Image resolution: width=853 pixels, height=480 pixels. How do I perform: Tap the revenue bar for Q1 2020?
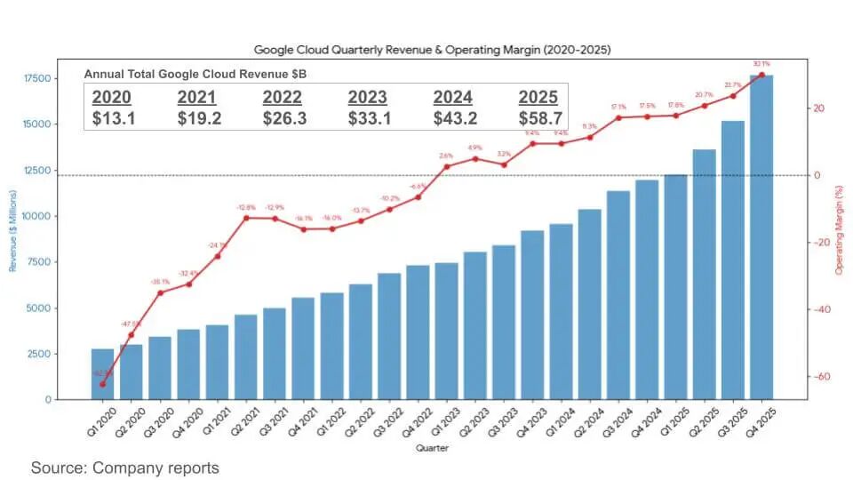click(x=102, y=374)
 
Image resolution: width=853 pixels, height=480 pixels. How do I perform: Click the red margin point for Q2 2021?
click(x=245, y=218)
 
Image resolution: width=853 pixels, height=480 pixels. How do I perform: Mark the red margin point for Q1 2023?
click(x=446, y=166)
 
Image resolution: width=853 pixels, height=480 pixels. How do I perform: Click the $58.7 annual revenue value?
click(x=539, y=117)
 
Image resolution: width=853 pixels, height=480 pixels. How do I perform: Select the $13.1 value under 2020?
click(x=113, y=117)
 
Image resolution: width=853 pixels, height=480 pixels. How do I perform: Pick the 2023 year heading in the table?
click(x=367, y=97)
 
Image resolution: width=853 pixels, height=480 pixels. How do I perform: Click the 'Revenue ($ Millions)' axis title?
click(x=13, y=230)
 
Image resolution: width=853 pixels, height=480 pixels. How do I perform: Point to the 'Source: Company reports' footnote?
click(x=124, y=467)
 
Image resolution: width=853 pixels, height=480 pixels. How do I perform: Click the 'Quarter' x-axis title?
click(x=432, y=448)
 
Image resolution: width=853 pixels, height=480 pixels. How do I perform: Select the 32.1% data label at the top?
click(x=761, y=64)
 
